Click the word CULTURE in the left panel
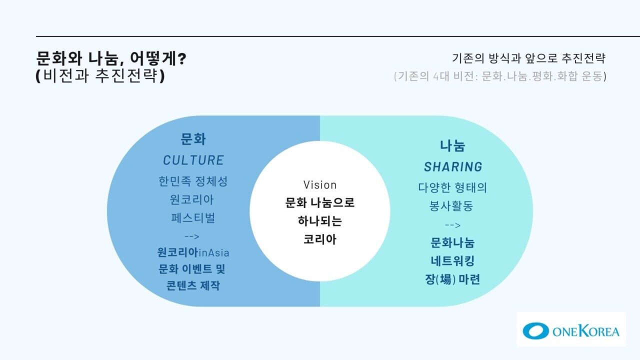point(193,160)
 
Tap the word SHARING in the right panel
point(453,167)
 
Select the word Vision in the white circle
point(320,185)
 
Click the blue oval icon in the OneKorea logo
point(535,331)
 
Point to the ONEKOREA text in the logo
point(586,331)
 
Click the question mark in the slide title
point(181,58)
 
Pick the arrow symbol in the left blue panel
point(191,236)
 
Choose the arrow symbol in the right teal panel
point(453,225)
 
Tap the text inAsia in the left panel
point(214,253)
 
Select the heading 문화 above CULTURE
point(193,139)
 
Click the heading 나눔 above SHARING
point(452,145)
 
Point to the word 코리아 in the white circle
point(320,239)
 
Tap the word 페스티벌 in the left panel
point(193,218)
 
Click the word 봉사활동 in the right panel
point(451,205)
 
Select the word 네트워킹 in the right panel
point(452,261)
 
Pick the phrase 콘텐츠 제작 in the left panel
point(193,285)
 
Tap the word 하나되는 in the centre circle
point(320,221)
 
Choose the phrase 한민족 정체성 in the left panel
point(193,181)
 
